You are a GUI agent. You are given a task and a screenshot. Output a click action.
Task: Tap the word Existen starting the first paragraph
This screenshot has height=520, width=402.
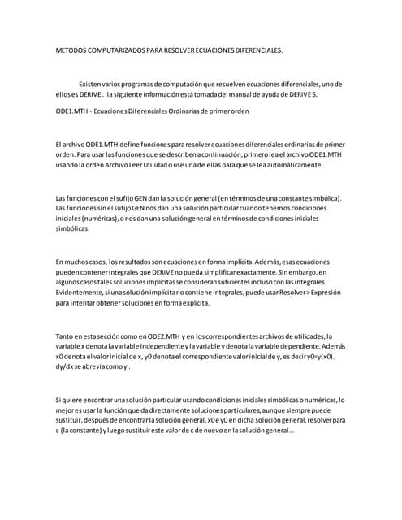click(91, 84)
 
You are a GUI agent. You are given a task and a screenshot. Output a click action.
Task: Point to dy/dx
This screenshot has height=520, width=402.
click(65, 366)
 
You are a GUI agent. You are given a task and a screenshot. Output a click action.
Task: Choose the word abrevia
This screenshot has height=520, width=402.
click(102, 366)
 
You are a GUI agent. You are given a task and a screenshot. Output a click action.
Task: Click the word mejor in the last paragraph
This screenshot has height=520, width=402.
click(66, 410)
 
